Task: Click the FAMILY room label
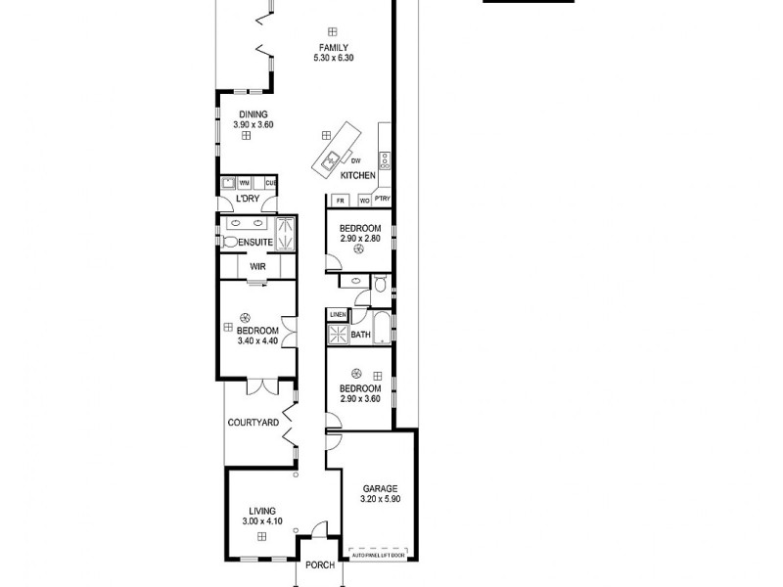click(334, 48)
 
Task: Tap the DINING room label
click(247, 114)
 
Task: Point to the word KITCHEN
click(357, 175)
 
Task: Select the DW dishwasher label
click(356, 160)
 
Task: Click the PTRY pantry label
click(383, 200)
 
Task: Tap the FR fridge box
click(341, 201)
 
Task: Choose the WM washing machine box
click(245, 182)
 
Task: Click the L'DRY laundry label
click(247, 200)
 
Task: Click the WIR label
click(258, 266)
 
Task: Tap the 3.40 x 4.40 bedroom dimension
click(257, 341)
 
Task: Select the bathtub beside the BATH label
click(382, 329)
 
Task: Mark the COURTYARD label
click(253, 423)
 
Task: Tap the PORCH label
click(320, 564)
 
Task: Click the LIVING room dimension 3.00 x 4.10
click(261, 521)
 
